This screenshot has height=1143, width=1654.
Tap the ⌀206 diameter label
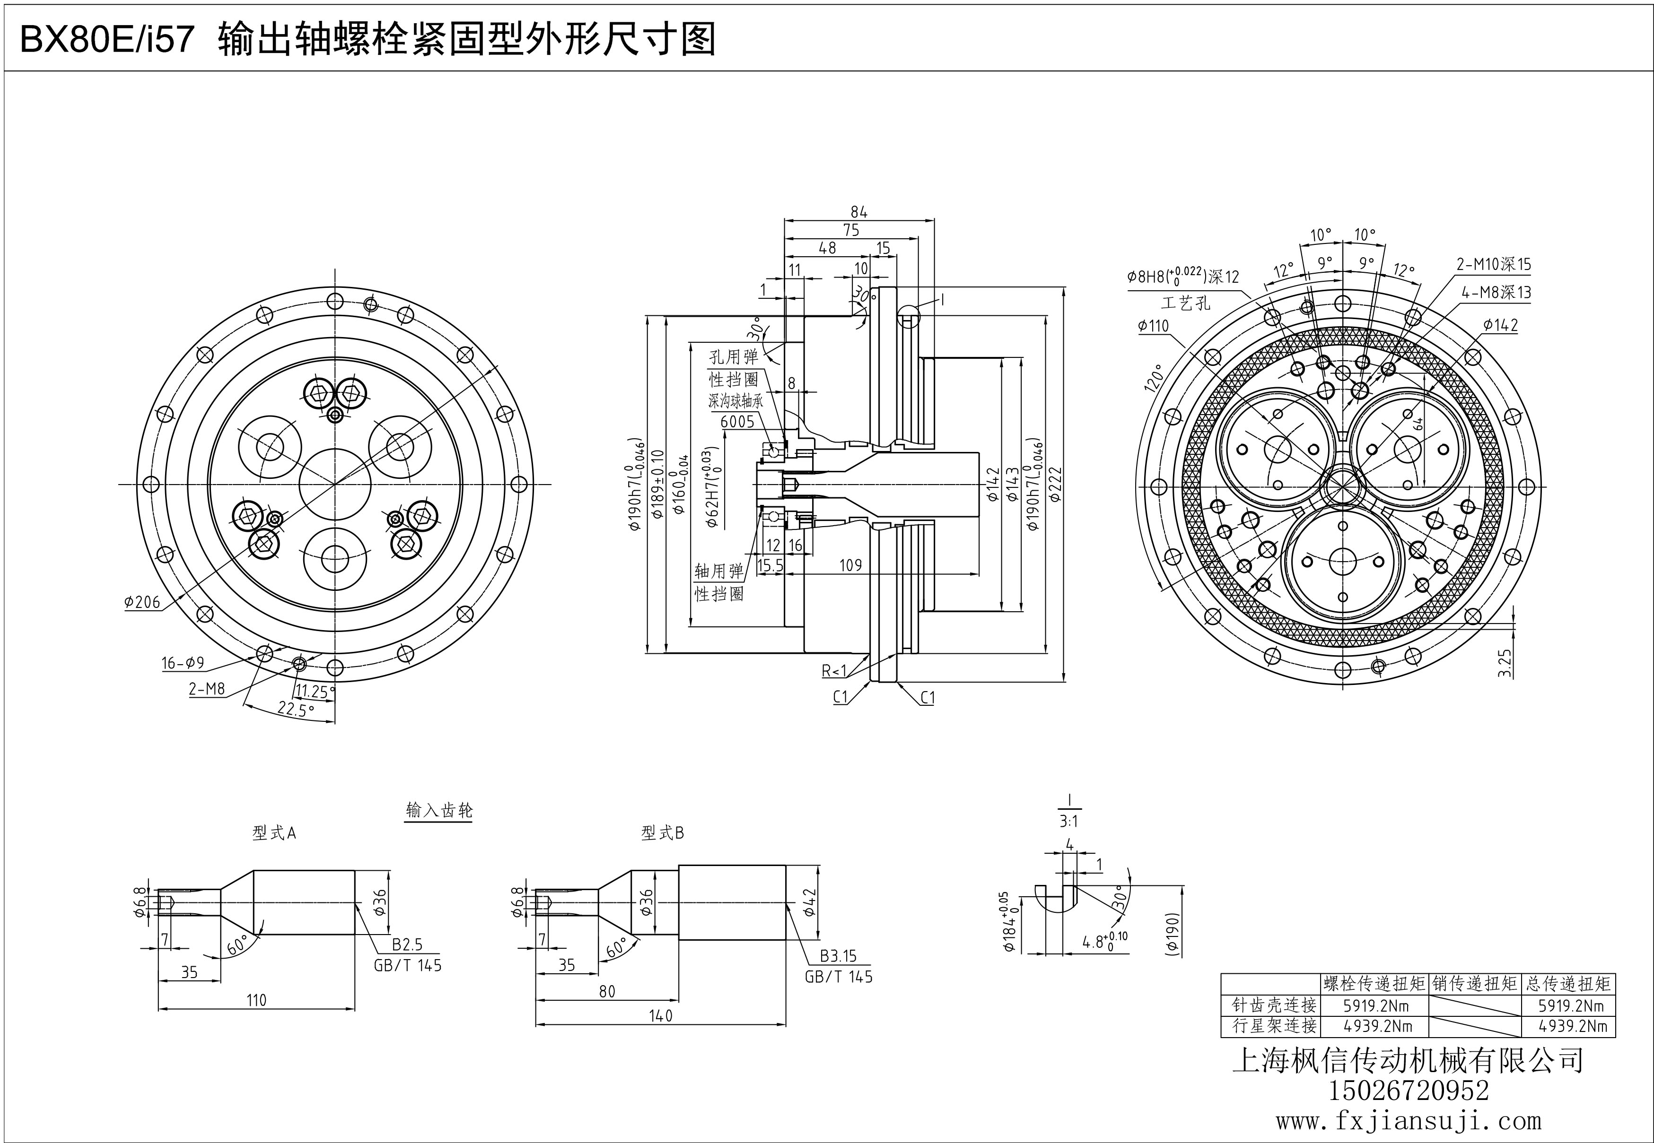click(x=142, y=602)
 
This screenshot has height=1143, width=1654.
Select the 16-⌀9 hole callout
click(x=183, y=663)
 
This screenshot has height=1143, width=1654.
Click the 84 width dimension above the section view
click(x=858, y=212)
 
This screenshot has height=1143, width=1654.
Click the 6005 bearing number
click(x=737, y=422)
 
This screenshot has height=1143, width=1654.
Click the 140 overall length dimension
click(x=660, y=1015)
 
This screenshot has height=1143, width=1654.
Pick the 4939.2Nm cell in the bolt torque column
click(x=1377, y=1026)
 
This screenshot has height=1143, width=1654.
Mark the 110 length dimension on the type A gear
click(x=256, y=1000)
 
